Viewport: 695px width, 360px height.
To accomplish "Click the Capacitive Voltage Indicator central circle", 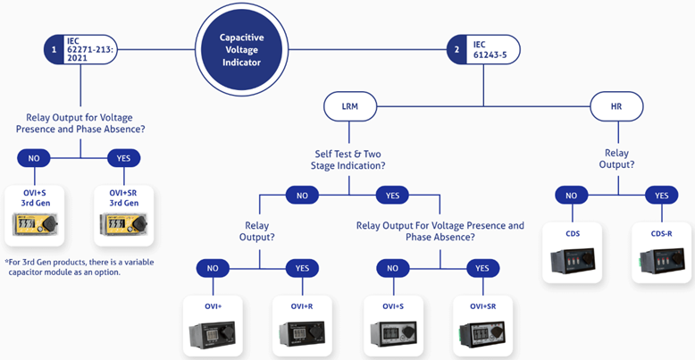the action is pyautogui.click(x=241, y=50).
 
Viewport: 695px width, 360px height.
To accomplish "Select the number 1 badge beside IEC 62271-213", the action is pyautogui.click(x=54, y=50).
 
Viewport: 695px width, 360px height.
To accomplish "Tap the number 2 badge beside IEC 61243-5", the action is pyautogui.click(x=456, y=50).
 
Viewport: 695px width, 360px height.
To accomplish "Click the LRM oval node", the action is pyautogui.click(x=350, y=106).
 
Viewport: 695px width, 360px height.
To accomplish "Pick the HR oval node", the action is pyautogui.click(x=616, y=106).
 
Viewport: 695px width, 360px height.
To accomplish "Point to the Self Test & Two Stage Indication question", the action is pyautogui.click(x=347, y=160).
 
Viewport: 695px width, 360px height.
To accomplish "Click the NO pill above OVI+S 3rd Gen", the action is pyautogui.click(x=34, y=158).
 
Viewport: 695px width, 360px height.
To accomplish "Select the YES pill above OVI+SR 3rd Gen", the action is pyautogui.click(x=123, y=158).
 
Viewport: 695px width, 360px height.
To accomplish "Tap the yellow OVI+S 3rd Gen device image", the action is pyautogui.click(x=35, y=224).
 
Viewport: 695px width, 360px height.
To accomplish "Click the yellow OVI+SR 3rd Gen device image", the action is pyautogui.click(x=123, y=224).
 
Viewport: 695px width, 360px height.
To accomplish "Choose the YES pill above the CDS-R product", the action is pyautogui.click(x=662, y=195).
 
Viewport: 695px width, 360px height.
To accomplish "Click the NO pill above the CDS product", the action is pyautogui.click(x=572, y=195).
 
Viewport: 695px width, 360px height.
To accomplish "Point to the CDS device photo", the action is pyautogui.click(x=573, y=261).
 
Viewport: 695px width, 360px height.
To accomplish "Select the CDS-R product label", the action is pyautogui.click(x=661, y=234).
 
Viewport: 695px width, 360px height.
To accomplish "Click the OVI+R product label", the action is pyautogui.click(x=302, y=306).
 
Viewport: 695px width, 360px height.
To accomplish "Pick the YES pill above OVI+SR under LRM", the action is pyautogui.click(x=482, y=268).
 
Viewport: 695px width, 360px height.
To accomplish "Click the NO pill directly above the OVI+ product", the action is pyautogui.click(x=213, y=268).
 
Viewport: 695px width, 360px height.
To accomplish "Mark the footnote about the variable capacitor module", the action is pyautogui.click(x=80, y=267).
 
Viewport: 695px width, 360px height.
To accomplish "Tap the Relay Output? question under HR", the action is pyautogui.click(x=616, y=159).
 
